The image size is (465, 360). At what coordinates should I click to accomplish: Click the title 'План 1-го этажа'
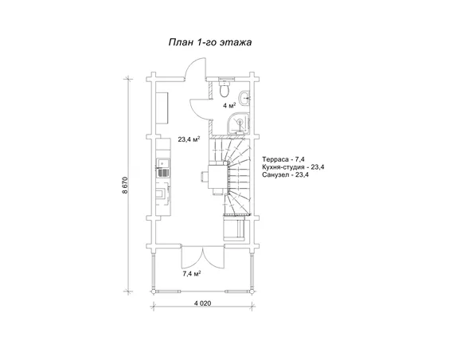210,42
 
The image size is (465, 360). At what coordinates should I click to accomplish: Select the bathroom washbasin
245,97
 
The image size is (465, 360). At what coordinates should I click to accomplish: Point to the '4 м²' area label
229,105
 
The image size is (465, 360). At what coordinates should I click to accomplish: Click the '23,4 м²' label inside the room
189,139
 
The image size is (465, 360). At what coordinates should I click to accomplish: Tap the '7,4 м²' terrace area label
192,273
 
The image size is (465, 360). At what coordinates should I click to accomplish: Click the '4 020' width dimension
202,303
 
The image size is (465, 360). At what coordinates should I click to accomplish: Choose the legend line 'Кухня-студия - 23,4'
293,167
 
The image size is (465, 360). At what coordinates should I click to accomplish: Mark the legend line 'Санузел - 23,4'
285,174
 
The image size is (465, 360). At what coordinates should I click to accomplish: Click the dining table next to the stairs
218,177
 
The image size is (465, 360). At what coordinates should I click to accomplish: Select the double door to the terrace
203,258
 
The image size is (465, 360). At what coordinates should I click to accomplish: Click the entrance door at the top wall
194,68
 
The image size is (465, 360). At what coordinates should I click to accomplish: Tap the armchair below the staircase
234,229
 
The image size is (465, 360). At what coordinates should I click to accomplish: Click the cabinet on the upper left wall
162,108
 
